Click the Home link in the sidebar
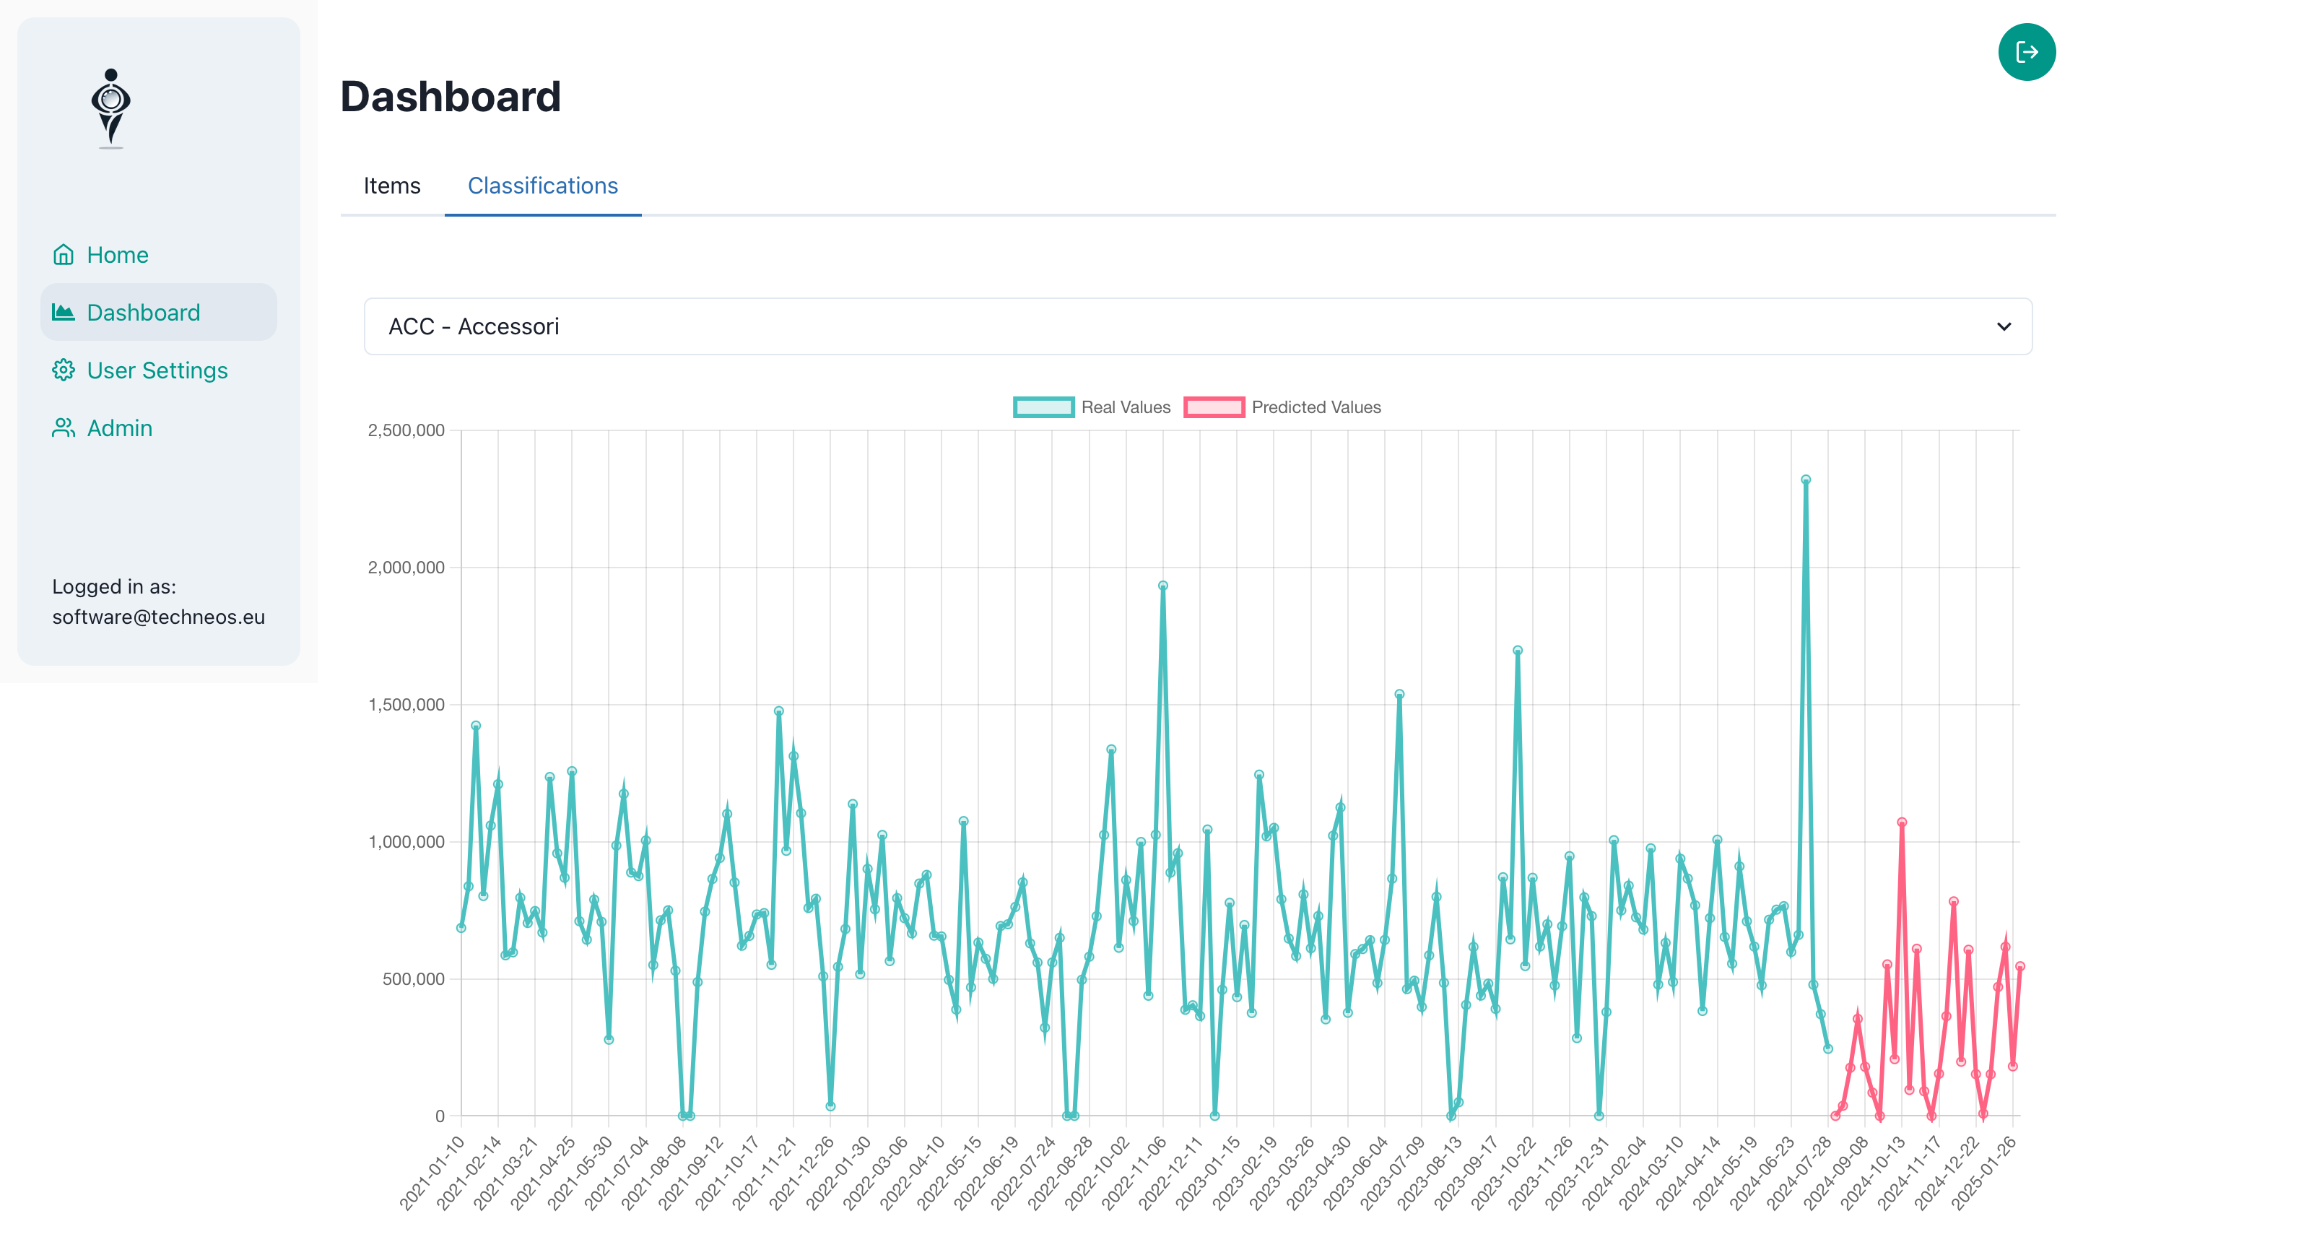pos(116,255)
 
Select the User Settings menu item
pos(156,370)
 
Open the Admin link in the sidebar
pos(118,428)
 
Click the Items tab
pos(391,186)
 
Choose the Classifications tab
pos(543,186)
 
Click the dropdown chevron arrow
pos(2003,326)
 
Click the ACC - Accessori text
pos(473,326)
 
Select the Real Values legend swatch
pos(1043,407)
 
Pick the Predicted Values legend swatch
pos(1213,407)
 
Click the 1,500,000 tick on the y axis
pos(406,705)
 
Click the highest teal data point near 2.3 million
pos(1806,480)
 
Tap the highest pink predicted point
pos(1901,822)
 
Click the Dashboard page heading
pos(450,97)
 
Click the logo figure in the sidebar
pos(111,108)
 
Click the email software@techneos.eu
pos(159,617)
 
